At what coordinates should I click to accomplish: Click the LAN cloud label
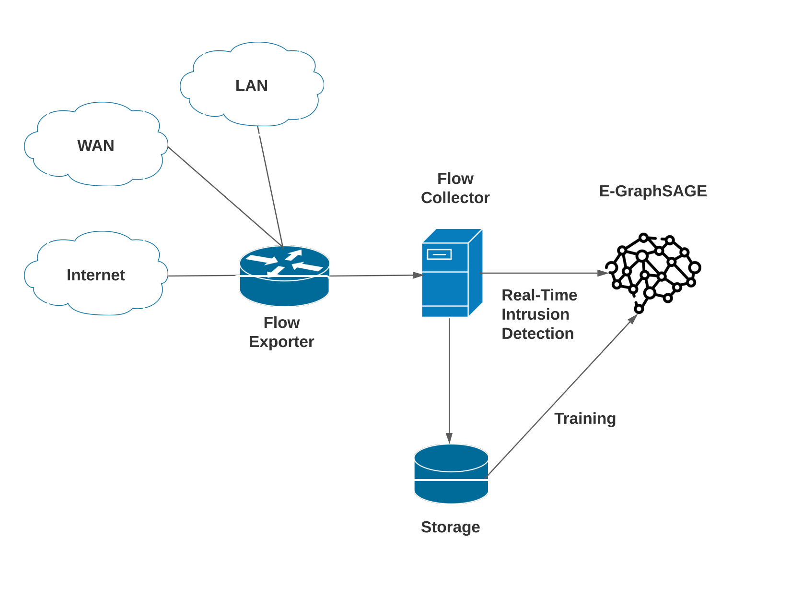pyautogui.click(x=251, y=85)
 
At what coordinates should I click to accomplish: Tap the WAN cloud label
pyautogui.click(x=96, y=145)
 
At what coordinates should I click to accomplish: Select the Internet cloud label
pyautogui.click(x=96, y=275)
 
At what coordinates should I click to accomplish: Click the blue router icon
pyautogui.click(x=284, y=276)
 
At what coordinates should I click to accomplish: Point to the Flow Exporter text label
pyautogui.click(x=281, y=332)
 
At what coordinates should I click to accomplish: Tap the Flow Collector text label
pyautogui.click(x=455, y=188)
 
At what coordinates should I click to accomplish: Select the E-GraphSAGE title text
pyautogui.click(x=653, y=191)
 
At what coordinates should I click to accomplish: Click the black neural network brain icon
pyautogui.click(x=653, y=272)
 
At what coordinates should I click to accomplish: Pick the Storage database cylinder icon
pyautogui.click(x=451, y=474)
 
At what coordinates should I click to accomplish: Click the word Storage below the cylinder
pyautogui.click(x=450, y=527)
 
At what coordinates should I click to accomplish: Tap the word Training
pyautogui.click(x=585, y=419)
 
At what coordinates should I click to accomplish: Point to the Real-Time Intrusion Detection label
pyautogui.click(x=539, y=314)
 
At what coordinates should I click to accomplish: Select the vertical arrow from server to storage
pyautogui.click(x=449, y=379)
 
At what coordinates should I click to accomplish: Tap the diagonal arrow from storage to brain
pyautogui.click(x=561, y=396)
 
